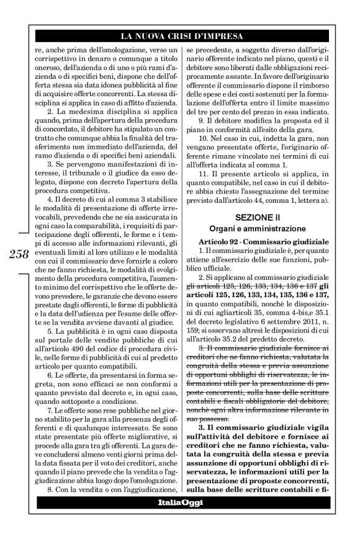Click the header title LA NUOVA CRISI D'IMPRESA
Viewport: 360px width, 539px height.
point(179,36)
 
